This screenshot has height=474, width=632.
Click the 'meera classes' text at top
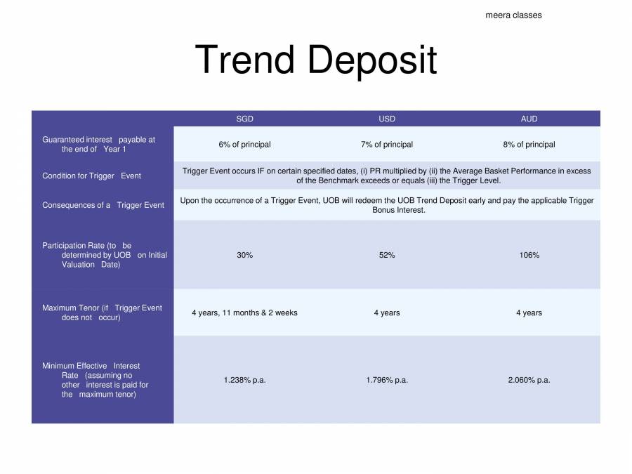[x=513, y=15]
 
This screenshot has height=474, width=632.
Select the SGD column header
[x=244, y=119]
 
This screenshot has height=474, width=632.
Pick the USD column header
[x=387, y=119]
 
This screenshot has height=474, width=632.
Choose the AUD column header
[x=529, y=119]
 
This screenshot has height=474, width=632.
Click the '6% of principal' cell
[x=244, y=145]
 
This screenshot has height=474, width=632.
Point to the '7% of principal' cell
[x=387, y=145]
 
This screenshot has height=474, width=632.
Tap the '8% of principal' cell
[x=529, y=145]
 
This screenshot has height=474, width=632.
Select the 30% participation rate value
[x=244, y=255]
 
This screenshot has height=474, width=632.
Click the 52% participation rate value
[x=387, y=255]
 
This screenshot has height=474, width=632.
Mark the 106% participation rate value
[x=529, y=255]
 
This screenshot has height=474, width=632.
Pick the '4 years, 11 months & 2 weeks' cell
[x=244, y=312]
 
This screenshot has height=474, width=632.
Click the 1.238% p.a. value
[x=244, y=380]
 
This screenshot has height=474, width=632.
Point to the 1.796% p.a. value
[x=387, y=380]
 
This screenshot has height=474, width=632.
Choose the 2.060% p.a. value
[x=529, y=380]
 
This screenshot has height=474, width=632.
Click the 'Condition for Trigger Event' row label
[x=91, y=176]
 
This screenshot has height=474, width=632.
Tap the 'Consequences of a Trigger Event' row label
[x=103, y=205]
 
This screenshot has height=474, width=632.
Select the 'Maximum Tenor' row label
[x=102, y=312]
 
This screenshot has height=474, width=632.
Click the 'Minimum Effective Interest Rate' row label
[x=95, y=380]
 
